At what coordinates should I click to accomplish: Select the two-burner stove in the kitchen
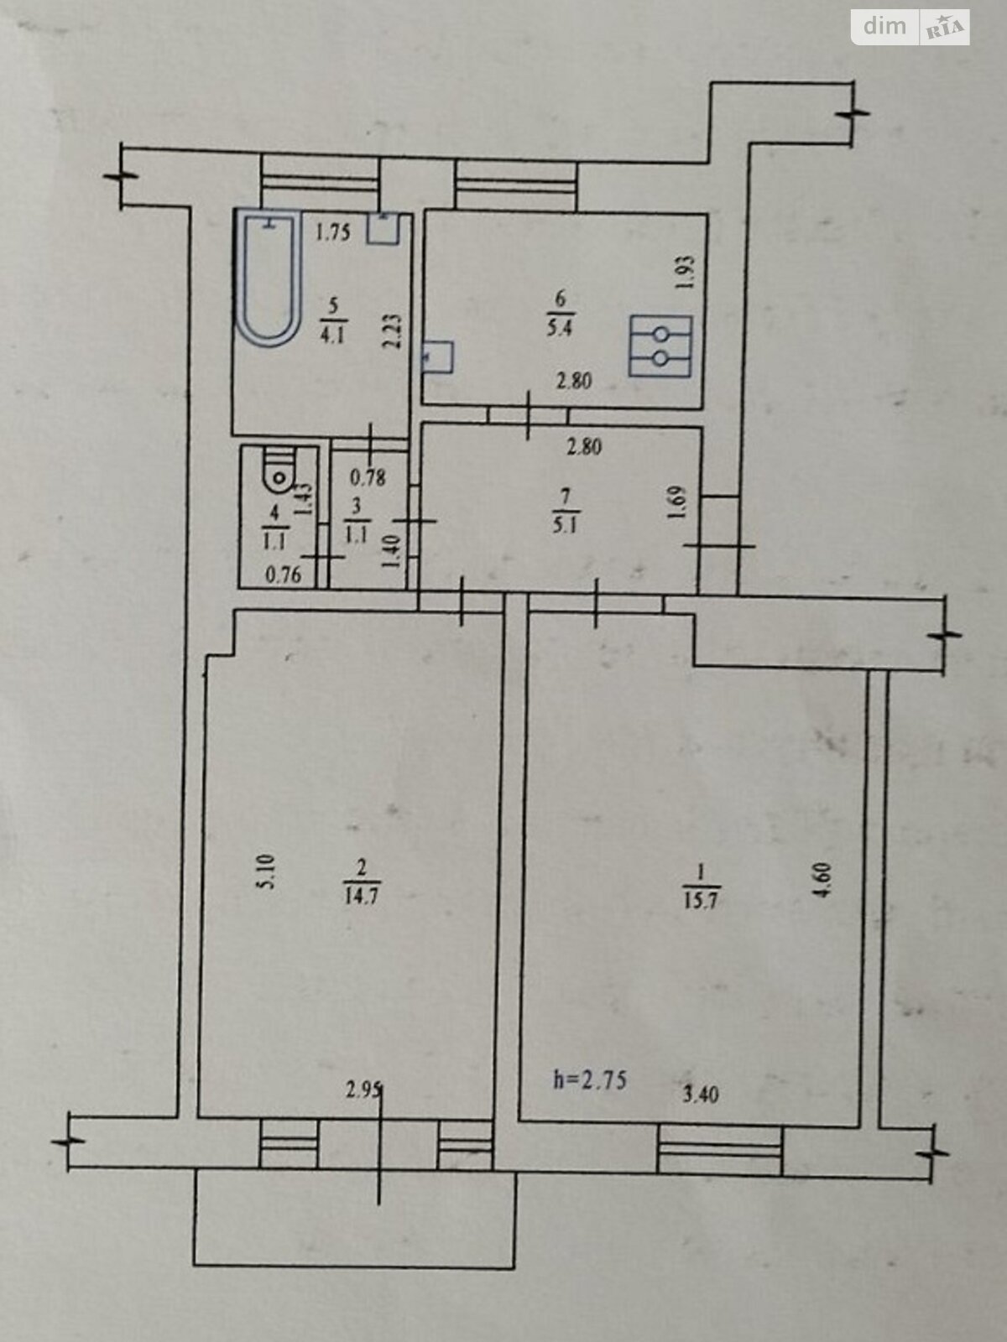click(x=661, y=346)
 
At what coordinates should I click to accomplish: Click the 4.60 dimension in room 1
click(x=825, y=880)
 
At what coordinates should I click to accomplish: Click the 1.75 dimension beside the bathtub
click(x=332, y=233)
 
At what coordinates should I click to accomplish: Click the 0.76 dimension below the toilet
click(x=283, y=575)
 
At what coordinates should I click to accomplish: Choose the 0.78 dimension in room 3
click(x=368, y=477)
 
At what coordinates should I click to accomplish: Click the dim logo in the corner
click(x=884, y=26)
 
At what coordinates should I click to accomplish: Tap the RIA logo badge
click(x=945, y=28)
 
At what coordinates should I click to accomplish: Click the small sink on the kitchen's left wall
click(x=438, y=357)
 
